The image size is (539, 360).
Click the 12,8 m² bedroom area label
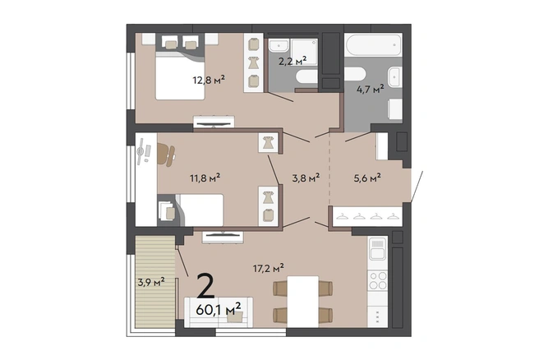pyautogui.click(x=209, y=80)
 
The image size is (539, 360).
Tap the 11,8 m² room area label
pyautogui.click(x=205, y=178)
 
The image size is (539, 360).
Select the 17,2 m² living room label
pyautogui.click(x=269, y=268)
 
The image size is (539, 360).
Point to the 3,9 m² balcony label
pyautogui.click(x=151, y=282)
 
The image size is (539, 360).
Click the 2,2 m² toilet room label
pyautogui.click(x=293, y=61)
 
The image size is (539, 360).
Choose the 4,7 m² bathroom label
pyautogui.click(x=371, y=90)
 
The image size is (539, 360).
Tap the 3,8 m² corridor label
pyautogui.click(x=306, y=178)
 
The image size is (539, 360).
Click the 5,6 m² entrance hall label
pyautogui.click(x=367, y=178)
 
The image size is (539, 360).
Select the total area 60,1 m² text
pyautogui.click(x=219, y=310)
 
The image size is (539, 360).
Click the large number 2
pyautogui.click(x=206, y=286)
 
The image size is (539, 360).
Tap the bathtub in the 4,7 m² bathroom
pyautogui.click(x=373, y=44)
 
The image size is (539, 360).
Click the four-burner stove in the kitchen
pyautogui.click(x=378, y=281)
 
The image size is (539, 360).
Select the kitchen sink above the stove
pyautogui.click(x=378, y=249)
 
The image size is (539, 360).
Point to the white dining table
pyautogui.click(x=303, y=302)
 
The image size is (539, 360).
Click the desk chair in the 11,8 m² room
pyautogui.click(x=166, y=155)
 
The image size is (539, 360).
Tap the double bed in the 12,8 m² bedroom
pyautogui.click(x=180, y=76)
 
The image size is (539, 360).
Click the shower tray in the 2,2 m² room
pyautogui.click(x=304, y=52)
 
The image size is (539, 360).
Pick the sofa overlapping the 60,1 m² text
pyautogui.click(x=219, y=312)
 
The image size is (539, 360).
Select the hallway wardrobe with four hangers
pyautogui.click(x=367, y=216)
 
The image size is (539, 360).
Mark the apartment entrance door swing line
pyautogui.click(x=417, y=186)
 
